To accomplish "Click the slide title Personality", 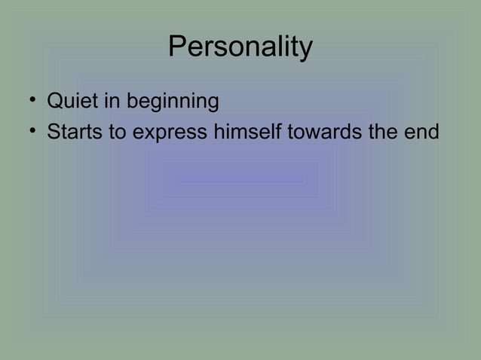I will (x=240, y=47).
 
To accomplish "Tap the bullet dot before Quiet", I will (x=33, y=100).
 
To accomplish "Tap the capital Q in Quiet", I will (x=55, y=100).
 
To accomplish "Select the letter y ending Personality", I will (x=306, y=50).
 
